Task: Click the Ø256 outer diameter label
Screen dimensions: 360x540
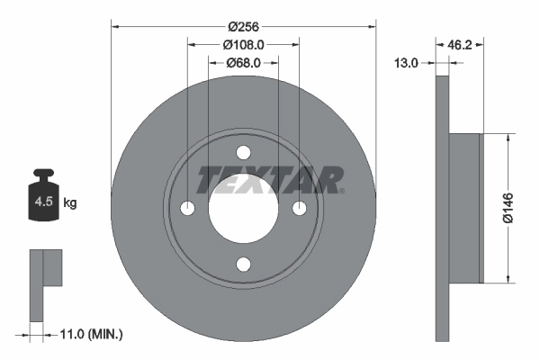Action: (x=243, y=26)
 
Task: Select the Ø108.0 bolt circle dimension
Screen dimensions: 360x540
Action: (x=243, y=44)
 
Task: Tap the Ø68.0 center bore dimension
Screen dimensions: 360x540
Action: (x=243, y=62)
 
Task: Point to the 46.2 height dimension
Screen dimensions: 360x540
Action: (x=460, y=43)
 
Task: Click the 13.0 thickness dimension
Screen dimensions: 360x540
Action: (x=408, y=63)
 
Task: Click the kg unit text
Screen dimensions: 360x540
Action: (x=70, y=203)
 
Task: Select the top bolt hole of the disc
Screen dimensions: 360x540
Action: (x=243, y=153)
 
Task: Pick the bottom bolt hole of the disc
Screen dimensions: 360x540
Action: (x=243, y=264)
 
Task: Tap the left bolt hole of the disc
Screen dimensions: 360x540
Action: (x=187, y=209)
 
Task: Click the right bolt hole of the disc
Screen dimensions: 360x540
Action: (x=299, y=209)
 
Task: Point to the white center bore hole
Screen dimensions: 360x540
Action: (x=243, y=209)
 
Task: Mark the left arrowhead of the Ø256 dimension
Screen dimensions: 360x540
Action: (x=115, y=26)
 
